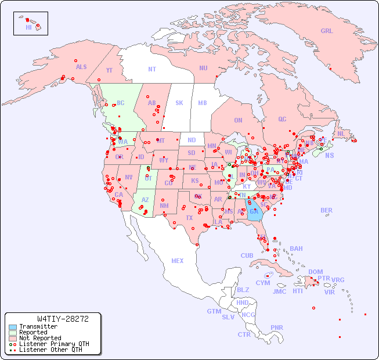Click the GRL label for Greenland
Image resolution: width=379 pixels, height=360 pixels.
[327, 31]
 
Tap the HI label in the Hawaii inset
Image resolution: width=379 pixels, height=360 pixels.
[28, 27]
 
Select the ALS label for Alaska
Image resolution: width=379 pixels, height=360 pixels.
[81, 67]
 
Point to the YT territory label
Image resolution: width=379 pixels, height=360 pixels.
[109, 71]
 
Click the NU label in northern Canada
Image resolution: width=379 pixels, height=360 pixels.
[203, 69]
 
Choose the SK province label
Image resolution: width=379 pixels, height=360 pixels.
[179, 103]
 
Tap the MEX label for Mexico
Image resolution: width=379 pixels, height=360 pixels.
[177, 261]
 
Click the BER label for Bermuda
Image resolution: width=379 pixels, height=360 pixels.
[326, 210]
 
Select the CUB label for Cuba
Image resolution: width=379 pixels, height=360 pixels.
[247, 256]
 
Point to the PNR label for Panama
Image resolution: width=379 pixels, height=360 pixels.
[277, 328]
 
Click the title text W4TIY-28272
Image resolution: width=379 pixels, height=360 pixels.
[62, 319]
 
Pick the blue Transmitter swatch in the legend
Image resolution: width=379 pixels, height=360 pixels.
[12, 327]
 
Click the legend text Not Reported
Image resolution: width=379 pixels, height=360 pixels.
[39, 338]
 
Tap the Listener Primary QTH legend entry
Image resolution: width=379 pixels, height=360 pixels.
[49, 344]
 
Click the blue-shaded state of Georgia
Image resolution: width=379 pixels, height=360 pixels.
[254, 209]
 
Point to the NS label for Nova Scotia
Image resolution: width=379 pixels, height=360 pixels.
[329, 156]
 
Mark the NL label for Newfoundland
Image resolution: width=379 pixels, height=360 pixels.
[341, 134]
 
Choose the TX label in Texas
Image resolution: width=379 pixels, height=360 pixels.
[189, 218]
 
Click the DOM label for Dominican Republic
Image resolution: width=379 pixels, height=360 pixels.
[315, 272]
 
